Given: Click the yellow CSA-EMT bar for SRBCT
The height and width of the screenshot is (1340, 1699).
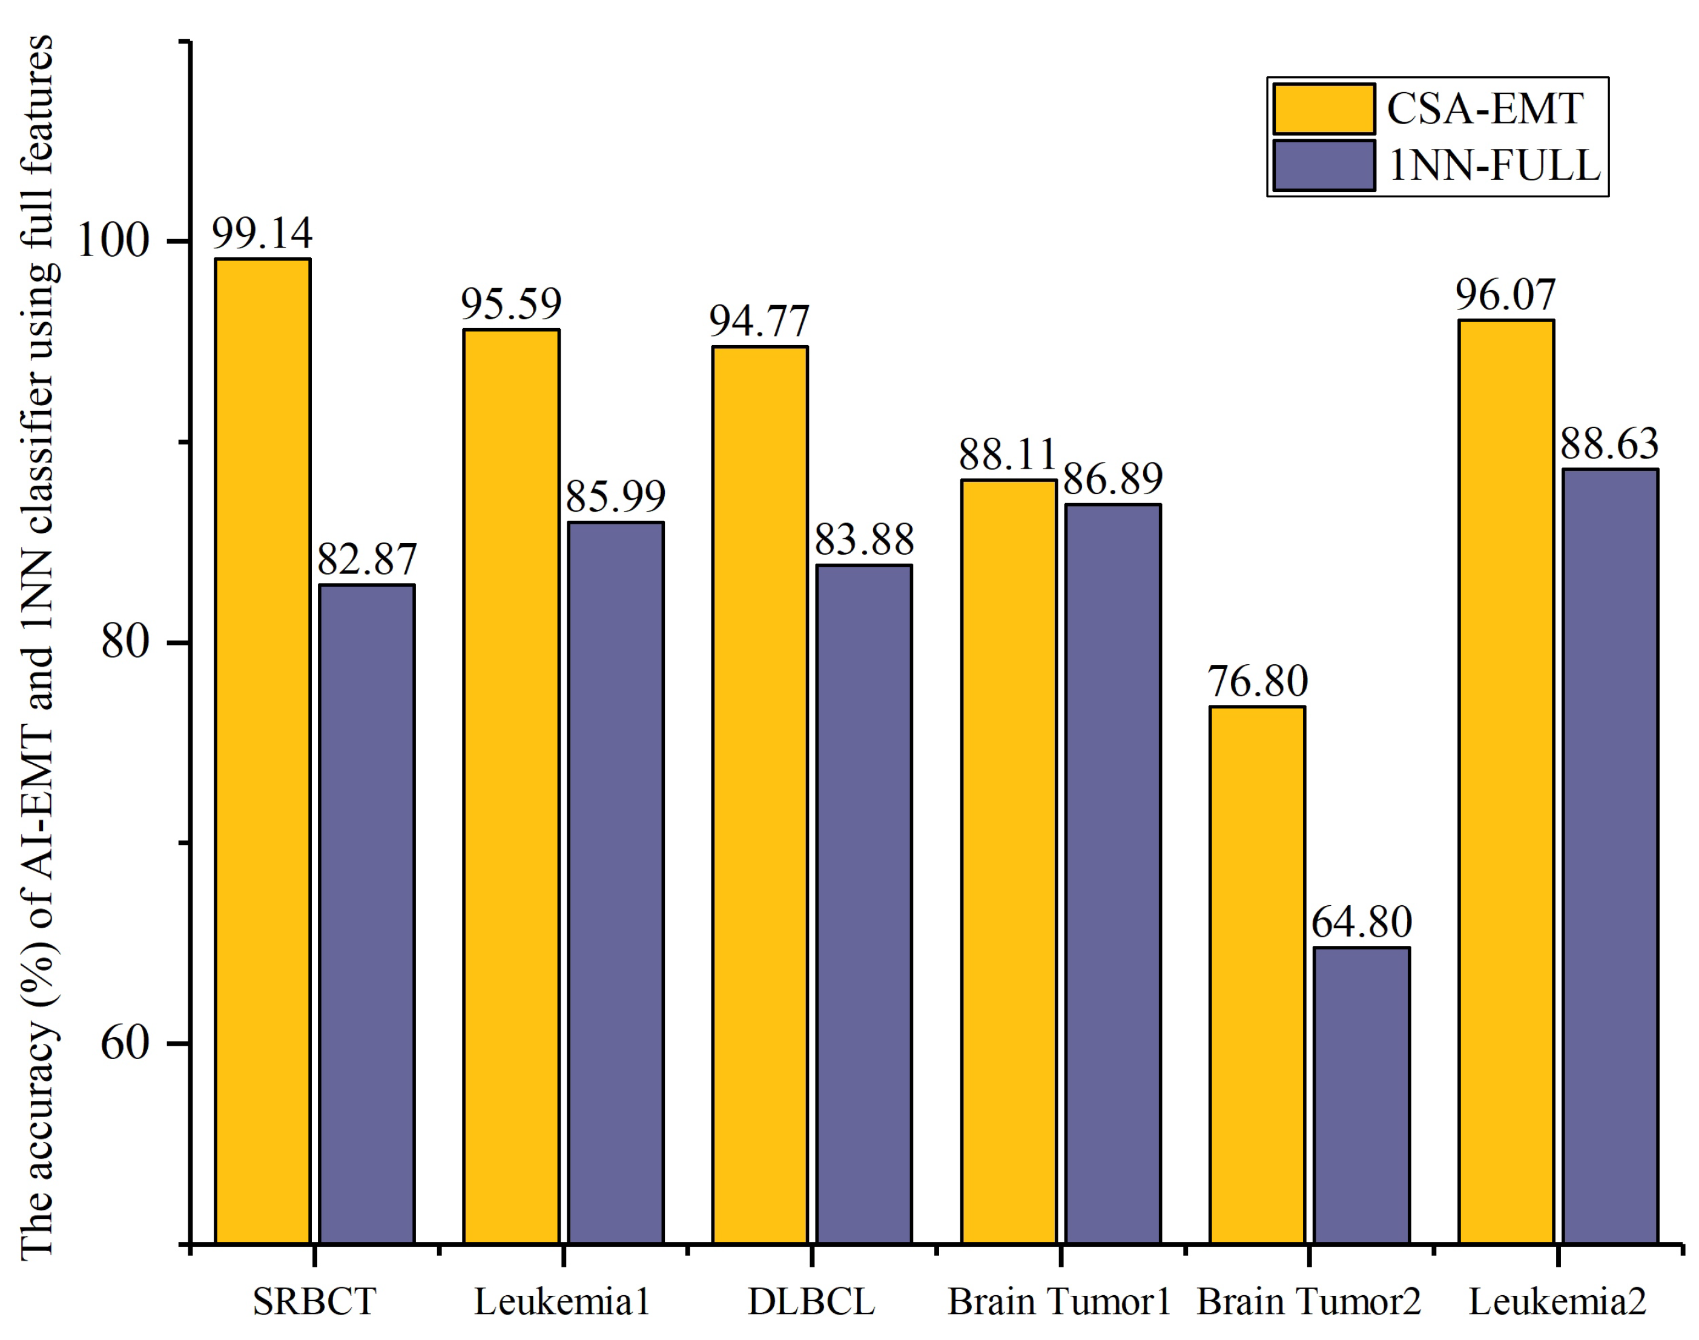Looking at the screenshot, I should (263, 749).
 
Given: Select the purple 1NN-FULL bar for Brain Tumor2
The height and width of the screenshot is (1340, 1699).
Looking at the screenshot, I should (1361, 1094).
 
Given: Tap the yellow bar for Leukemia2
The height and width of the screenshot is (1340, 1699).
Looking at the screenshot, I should (1505, 781).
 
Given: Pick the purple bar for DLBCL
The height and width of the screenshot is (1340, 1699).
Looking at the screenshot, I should (863, 902).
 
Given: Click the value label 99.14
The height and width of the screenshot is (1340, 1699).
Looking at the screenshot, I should (262, 233).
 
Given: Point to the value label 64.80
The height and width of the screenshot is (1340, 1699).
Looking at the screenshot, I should (1361, 922).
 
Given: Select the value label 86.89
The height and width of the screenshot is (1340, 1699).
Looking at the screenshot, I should (1112, 478).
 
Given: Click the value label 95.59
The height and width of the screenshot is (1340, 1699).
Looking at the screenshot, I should (510, 303).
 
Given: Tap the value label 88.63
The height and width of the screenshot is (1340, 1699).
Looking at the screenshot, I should (1609, 444).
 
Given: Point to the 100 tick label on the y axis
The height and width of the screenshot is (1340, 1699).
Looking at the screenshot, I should (113, 241).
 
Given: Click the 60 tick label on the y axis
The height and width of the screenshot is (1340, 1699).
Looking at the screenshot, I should (125, 1043).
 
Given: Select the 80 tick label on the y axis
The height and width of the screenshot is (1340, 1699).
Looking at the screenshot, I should (125, 642).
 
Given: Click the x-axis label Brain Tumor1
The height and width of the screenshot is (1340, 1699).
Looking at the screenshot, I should (1059, 1302).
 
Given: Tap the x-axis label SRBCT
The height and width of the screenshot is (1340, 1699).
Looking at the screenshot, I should (314, 1302).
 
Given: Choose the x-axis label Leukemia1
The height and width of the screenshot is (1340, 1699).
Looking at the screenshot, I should (562, 1302).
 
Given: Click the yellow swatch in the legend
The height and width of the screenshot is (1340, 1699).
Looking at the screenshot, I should (1322, 109).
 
